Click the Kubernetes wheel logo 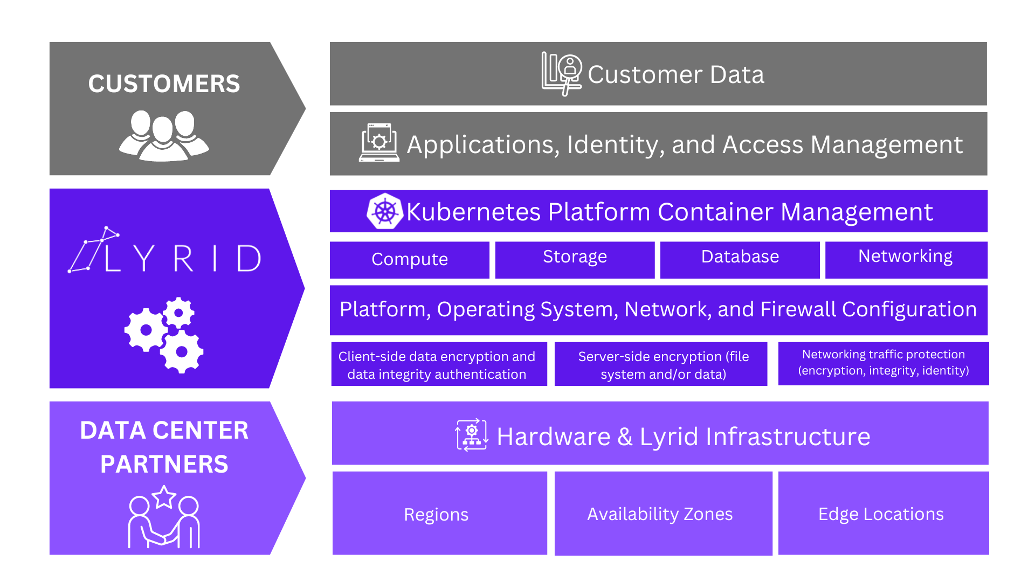click(385, 211)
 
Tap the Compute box click(410, 260)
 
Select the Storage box click(575, 260)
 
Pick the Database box click(740, 260)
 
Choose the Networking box click(906, 260)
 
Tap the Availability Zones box click(663, 513)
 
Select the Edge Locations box click(883, 513)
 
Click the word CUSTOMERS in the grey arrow click(164, 84)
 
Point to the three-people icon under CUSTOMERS click(164, 136)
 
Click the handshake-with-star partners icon click(164, 517)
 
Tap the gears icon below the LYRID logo click(164, 335)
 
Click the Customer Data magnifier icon click(562, 74)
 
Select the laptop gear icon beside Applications click(379, 143)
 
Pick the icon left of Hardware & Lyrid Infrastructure click(472, 435)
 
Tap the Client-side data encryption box click(439, 364)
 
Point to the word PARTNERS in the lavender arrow click(164, 465)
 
